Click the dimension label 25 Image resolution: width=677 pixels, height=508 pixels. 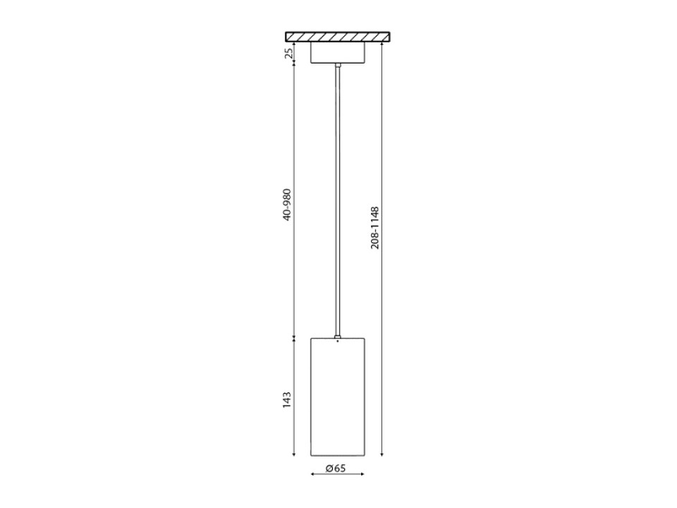pyautogui.click(x=288, y=53)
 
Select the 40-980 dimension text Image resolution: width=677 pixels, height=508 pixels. pyautogui.click(x=288, y=205)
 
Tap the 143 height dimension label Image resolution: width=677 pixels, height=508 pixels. pyautogui.click(x=288, y=400)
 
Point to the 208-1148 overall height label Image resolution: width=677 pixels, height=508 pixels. pyautogui.click(x=375, y=227)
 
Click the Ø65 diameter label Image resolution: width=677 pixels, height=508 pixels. pyautogui.click(x=336, y=468)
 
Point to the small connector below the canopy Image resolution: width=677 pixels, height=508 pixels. pyautogui.click(x=338, y=66)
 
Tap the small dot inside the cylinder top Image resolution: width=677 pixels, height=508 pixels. pyautogui.click(x=338, y=341)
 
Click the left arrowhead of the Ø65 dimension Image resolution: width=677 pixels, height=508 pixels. pyautogui.click(x=312, y=474)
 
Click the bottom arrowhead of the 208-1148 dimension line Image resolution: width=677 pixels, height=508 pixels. pyautogui.click(x=382, y=453)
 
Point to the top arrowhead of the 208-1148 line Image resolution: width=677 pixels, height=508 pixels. pyautogui.click(x=382, y=44)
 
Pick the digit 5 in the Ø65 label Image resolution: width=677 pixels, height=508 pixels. pyautogui.click(x=343, y=468)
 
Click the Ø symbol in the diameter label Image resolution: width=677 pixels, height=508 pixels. pyautogui.click(x=329, y=468)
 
